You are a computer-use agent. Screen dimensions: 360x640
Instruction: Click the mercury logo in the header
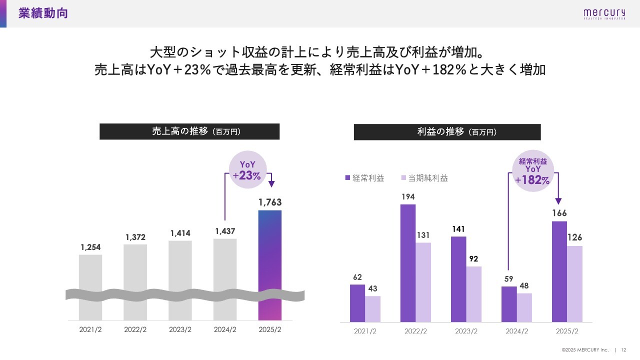click(604, 13)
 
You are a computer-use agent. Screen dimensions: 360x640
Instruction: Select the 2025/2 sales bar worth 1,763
click(270, 265)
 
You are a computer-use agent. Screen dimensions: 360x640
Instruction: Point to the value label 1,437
click(225, 231)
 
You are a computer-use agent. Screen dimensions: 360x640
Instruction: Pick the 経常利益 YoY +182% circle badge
click(533, 171)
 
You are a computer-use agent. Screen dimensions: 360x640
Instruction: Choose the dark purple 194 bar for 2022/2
click(408, 263)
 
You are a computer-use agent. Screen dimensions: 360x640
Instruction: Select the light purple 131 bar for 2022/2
click(423, 282)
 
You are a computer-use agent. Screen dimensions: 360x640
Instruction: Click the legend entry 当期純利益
click(425, 178)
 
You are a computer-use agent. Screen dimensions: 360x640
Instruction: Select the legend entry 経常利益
click(365, 178)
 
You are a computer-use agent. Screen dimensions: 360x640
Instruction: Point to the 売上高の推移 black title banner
click(189, 131)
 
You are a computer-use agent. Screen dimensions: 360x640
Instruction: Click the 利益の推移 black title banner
click(447, 132)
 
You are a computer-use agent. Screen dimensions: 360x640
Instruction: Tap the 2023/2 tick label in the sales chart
click(180, 330)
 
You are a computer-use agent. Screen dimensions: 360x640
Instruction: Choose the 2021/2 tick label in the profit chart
click(365, 331)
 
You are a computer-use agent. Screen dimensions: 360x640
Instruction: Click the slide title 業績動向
click(43, 13)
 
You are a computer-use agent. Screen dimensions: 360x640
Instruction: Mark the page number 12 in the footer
click(623, 349)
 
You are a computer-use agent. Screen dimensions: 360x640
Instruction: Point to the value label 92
click(474, 259)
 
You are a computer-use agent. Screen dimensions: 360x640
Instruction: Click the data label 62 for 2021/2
click(357, 277)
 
